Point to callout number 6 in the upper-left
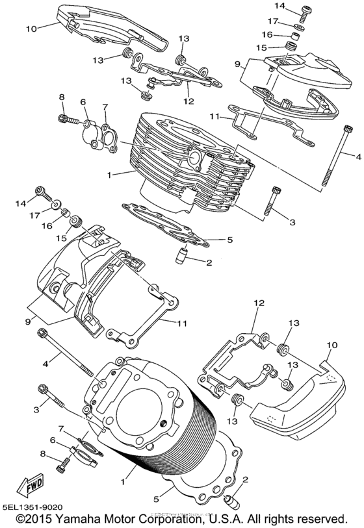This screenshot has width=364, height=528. point(83,102)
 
